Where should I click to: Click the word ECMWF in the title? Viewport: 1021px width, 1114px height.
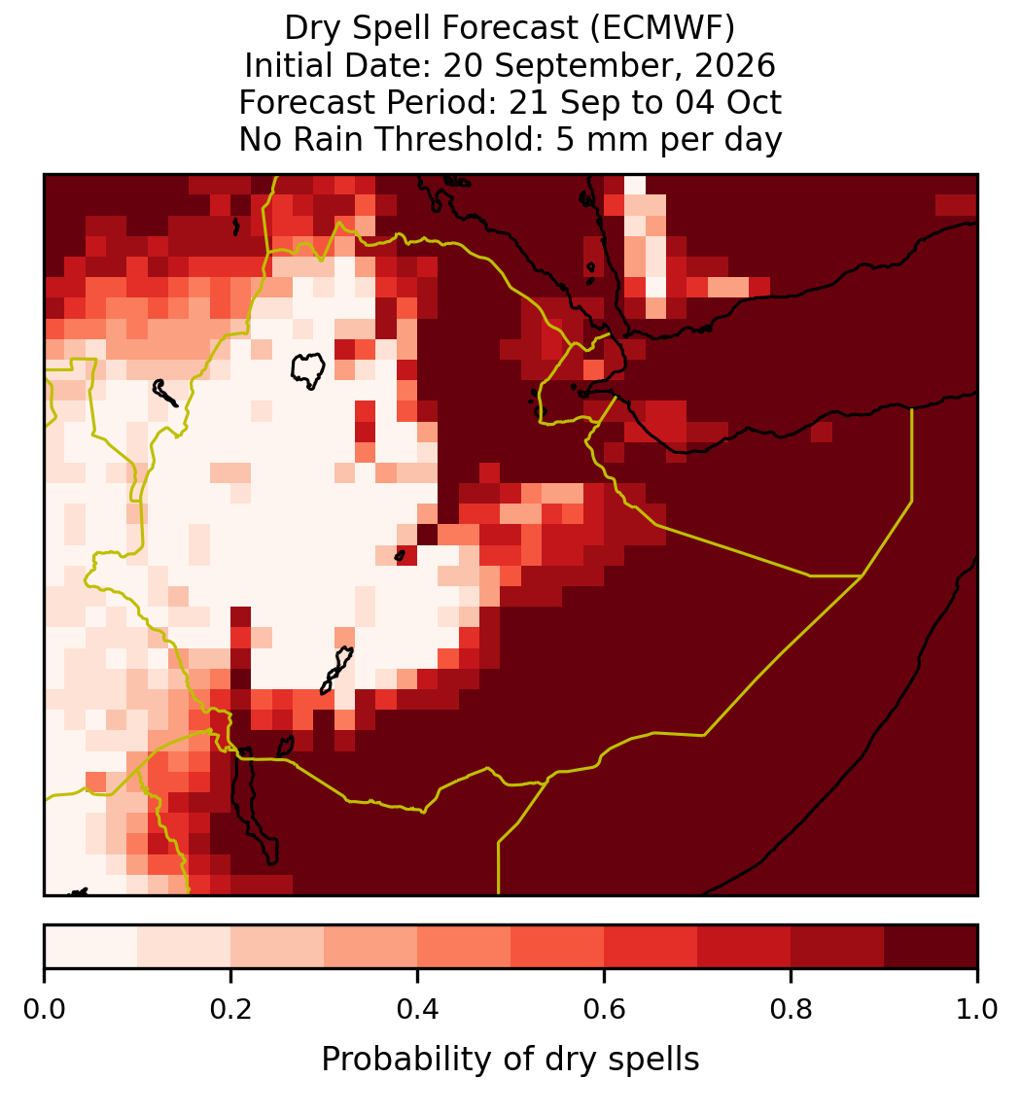point(667,28)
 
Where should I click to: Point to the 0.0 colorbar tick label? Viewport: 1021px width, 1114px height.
point(44,1010)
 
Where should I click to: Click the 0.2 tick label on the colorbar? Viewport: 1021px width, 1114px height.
point(230,1010)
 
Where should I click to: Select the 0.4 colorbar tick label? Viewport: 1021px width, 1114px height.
point(418,1010)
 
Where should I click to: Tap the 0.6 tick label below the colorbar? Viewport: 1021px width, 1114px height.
point(605,1010)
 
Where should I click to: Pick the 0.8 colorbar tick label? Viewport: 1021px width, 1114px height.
point(791,1010)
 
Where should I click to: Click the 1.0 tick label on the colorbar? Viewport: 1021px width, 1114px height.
point(977,1010)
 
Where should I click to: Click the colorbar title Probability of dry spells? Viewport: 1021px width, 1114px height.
point(510,1060)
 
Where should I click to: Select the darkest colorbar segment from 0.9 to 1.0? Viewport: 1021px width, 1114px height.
point(932,947)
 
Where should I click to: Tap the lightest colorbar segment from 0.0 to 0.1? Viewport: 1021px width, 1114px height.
point(91,947)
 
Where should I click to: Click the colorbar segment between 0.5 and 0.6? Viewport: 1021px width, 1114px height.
point(558,947)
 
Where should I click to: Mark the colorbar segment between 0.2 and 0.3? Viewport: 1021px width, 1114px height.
point(278,947)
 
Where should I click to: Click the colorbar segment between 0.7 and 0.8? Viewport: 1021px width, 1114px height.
point(745,947)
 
